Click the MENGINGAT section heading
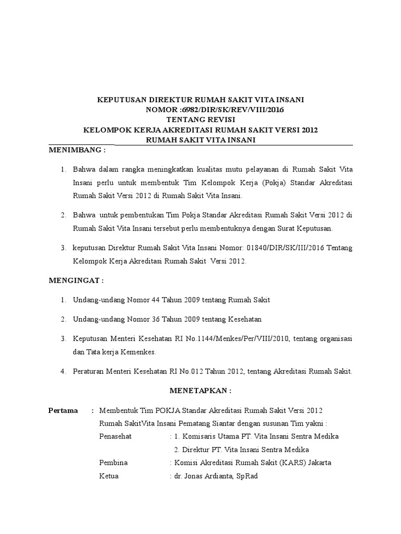76,281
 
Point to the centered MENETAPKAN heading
200,390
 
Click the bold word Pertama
63,410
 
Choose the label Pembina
113,463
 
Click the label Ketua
109,476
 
